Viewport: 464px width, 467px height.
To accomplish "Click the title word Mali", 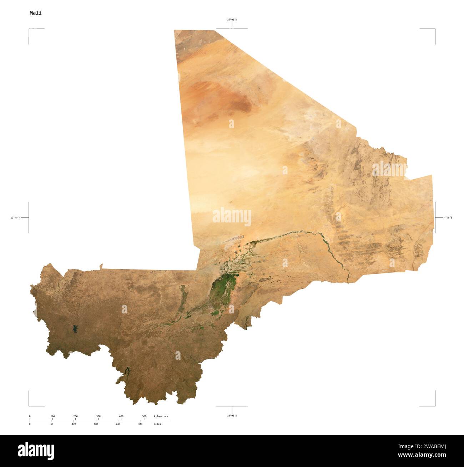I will (35, 13).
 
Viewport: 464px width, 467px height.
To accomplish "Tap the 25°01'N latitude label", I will (232, 20).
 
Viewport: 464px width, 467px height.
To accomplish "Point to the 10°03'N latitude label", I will (232, 416).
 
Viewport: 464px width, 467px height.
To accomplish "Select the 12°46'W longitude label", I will (15, 217).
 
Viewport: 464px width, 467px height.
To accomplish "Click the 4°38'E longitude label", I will (448, 217).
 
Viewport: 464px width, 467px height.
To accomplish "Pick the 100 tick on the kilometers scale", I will (52, 416).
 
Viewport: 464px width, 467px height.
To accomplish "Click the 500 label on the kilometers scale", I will (144, 416).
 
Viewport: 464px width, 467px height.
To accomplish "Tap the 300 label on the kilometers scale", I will (99, 416).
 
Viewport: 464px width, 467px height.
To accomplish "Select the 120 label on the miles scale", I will (74, 424).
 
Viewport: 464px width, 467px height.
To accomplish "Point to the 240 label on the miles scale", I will (118, 424).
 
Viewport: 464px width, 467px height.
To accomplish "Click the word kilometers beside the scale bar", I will (161, 416).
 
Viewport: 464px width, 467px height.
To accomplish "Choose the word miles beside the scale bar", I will (157, 424).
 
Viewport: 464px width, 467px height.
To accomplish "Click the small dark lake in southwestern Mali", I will (75, 329).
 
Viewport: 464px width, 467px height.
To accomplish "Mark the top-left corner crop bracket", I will (29, 29).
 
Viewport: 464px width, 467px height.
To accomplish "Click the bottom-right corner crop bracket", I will (434, 405).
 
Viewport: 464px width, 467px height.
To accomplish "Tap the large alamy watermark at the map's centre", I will (232, 217).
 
